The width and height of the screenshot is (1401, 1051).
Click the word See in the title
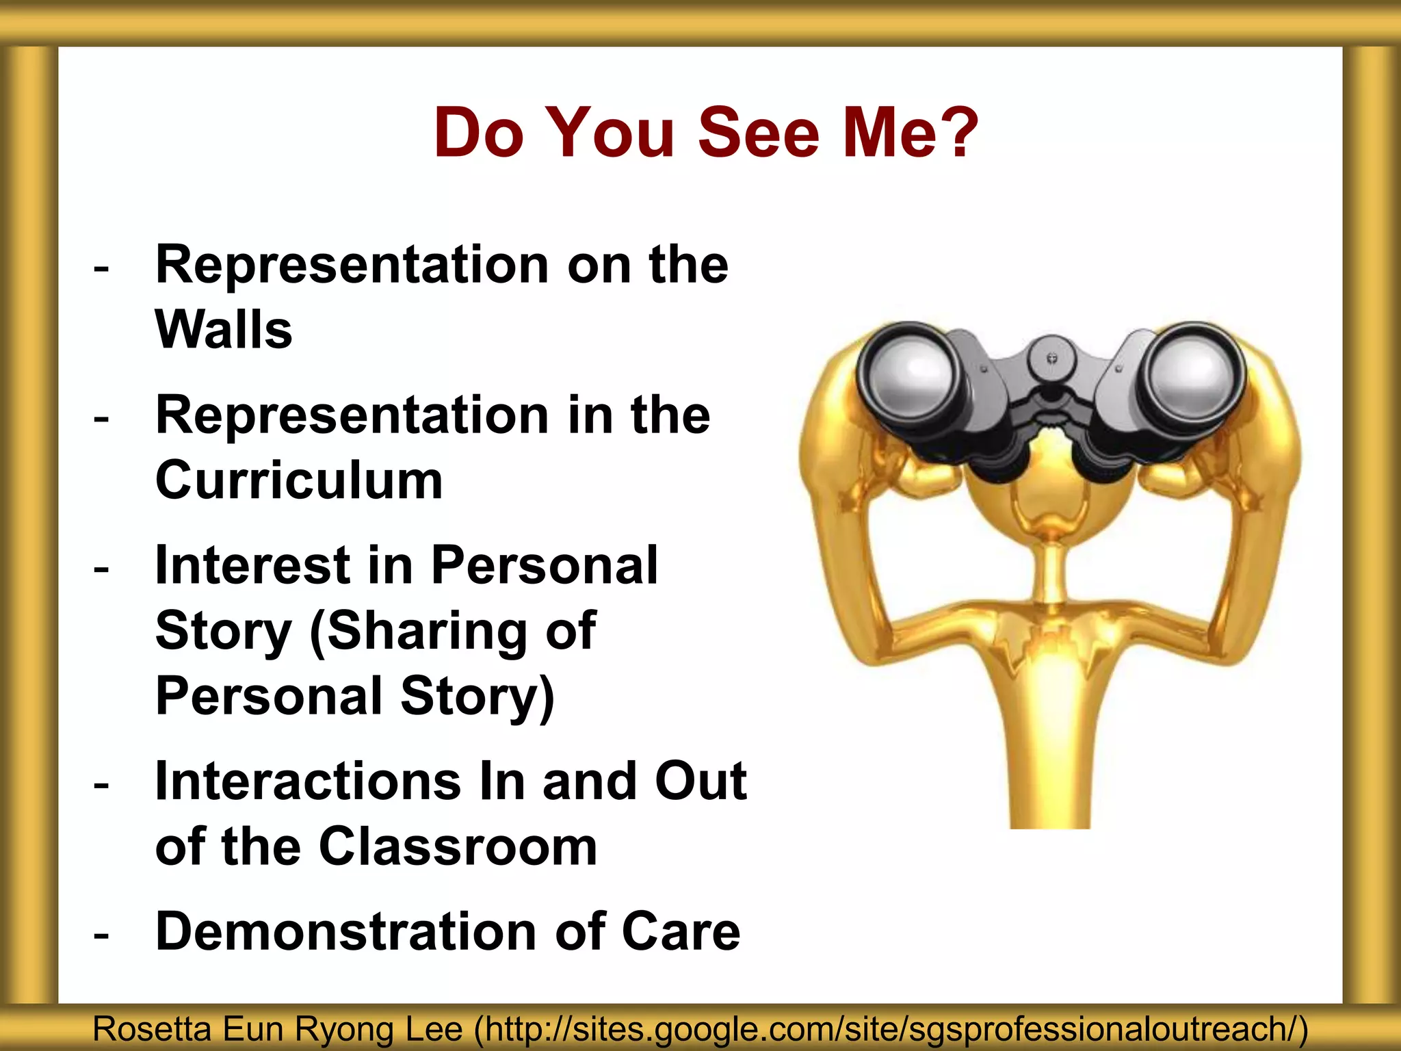tap(758, 133)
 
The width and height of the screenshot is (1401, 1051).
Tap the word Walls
tap(224, 330)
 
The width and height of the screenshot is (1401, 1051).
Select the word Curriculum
tap(299, 480)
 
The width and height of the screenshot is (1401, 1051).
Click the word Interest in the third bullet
tap(251, 565)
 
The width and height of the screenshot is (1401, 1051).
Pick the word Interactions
tap(308, 781)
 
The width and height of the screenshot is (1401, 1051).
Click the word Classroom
tap(458, 846)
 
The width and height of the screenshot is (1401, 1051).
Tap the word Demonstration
tap(345, 931)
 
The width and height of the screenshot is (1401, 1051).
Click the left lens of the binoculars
tap(911, 370)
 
